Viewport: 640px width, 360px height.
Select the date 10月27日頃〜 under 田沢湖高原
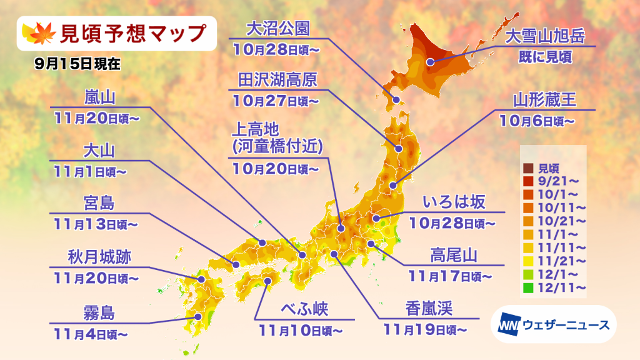(276, 99)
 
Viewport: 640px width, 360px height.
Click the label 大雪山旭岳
(545, 36)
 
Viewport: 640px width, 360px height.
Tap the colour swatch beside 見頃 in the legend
(528, 168)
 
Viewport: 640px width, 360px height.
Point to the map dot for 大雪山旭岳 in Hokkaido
(431, 62)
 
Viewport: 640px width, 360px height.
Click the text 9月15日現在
(77, 62)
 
